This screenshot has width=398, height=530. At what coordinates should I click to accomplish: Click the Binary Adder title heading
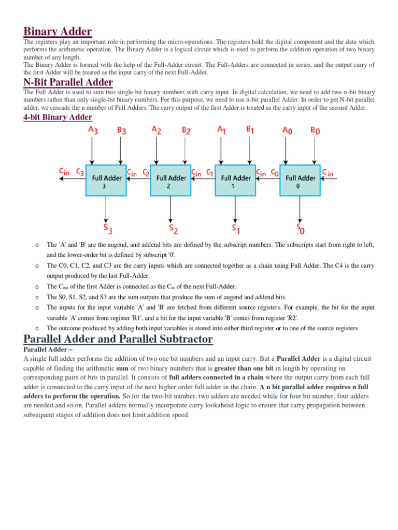point(58,32)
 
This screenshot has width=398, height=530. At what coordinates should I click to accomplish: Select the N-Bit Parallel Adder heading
point(68,82)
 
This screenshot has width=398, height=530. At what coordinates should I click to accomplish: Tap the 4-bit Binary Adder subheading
point(58,117)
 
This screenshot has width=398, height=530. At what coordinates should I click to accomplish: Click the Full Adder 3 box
point(106,181)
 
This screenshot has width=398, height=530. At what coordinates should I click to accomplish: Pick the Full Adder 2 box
point(171,181)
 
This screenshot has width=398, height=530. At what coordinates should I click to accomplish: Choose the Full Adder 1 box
point(236,181)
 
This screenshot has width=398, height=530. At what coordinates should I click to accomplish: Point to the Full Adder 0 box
point(301,181)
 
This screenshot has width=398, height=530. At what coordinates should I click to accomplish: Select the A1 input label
point(222,130)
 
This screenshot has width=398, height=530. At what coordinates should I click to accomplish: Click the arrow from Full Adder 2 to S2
point(171,208)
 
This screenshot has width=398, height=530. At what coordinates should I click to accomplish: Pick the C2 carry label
point(147,172)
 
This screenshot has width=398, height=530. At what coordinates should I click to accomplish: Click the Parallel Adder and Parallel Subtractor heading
point(118,339)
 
